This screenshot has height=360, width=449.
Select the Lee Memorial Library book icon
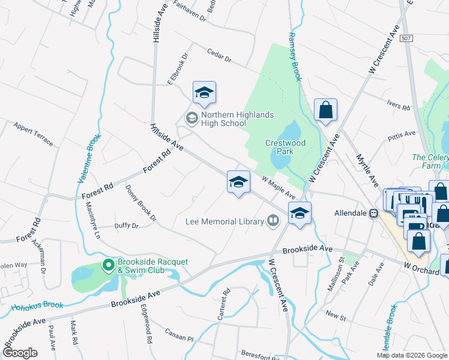coord(273,222)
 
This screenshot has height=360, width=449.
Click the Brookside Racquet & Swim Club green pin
coord(108,264)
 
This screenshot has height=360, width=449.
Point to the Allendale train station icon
coord(373,213)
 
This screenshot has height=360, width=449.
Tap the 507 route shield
coord(406,38)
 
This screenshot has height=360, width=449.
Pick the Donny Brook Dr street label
coord(140,202)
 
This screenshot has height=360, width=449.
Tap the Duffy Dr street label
coord(126,226)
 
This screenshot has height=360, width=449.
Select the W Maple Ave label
coord(279,187)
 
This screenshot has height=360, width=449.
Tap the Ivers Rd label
coord(398,107)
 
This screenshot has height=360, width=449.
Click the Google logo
coord(20,353)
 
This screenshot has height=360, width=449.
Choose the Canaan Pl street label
coord(181,338)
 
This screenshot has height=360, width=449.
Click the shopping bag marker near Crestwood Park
coord(325,110)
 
